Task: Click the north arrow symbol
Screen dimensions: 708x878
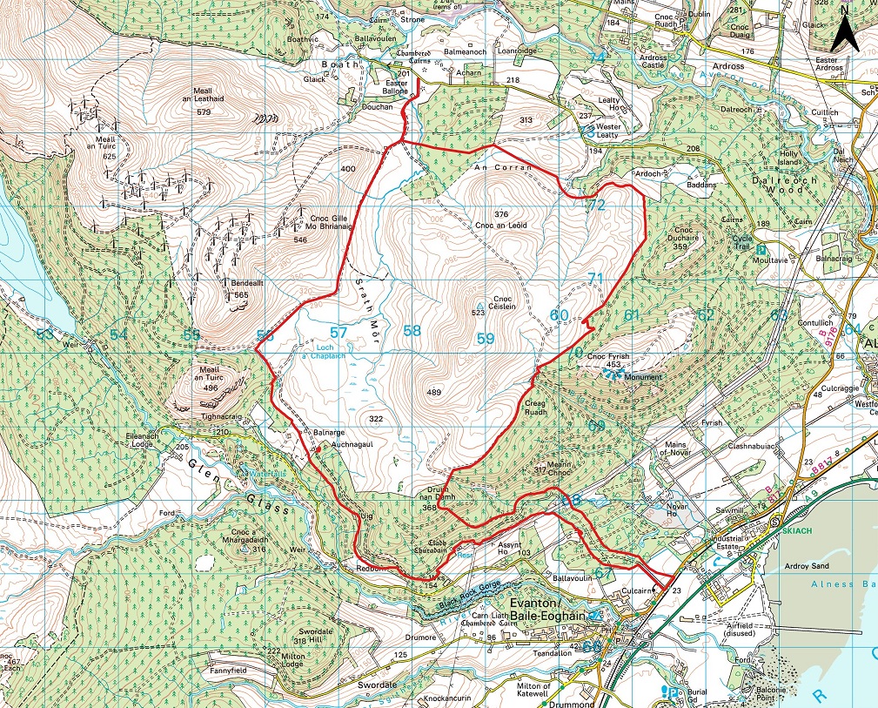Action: click(x=843, y=32)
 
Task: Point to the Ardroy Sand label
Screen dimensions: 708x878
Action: click(x=808, y=566)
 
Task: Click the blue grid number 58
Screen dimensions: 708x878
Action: click(x=412, y=331)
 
